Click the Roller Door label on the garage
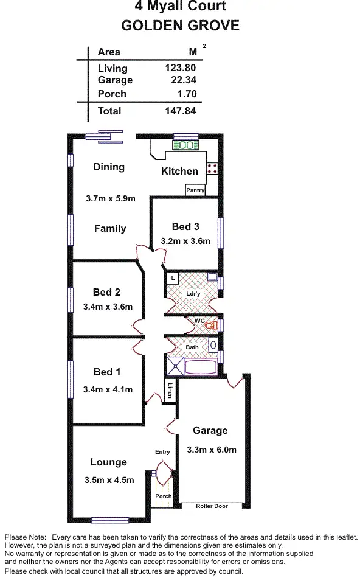click(212, 506)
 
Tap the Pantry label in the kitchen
click(195, 190)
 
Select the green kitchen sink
click(186, 145)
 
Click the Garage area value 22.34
click(180, 80)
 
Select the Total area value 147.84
click(180, 111)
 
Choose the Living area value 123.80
click(180, 69)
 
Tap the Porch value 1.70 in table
click(185, 94)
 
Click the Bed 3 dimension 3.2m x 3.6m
click(185, 241)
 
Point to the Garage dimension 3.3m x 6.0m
click(211, 450)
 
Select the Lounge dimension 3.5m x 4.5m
click(109, 480)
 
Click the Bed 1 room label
click(107, 372)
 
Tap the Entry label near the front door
click(162, 452)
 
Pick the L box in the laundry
click(173, 278)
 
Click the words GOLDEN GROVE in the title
click(180, 26)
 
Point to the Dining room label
click(109, 167)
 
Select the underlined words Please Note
click(25, 537)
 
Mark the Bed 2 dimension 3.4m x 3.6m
click(108, 307)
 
